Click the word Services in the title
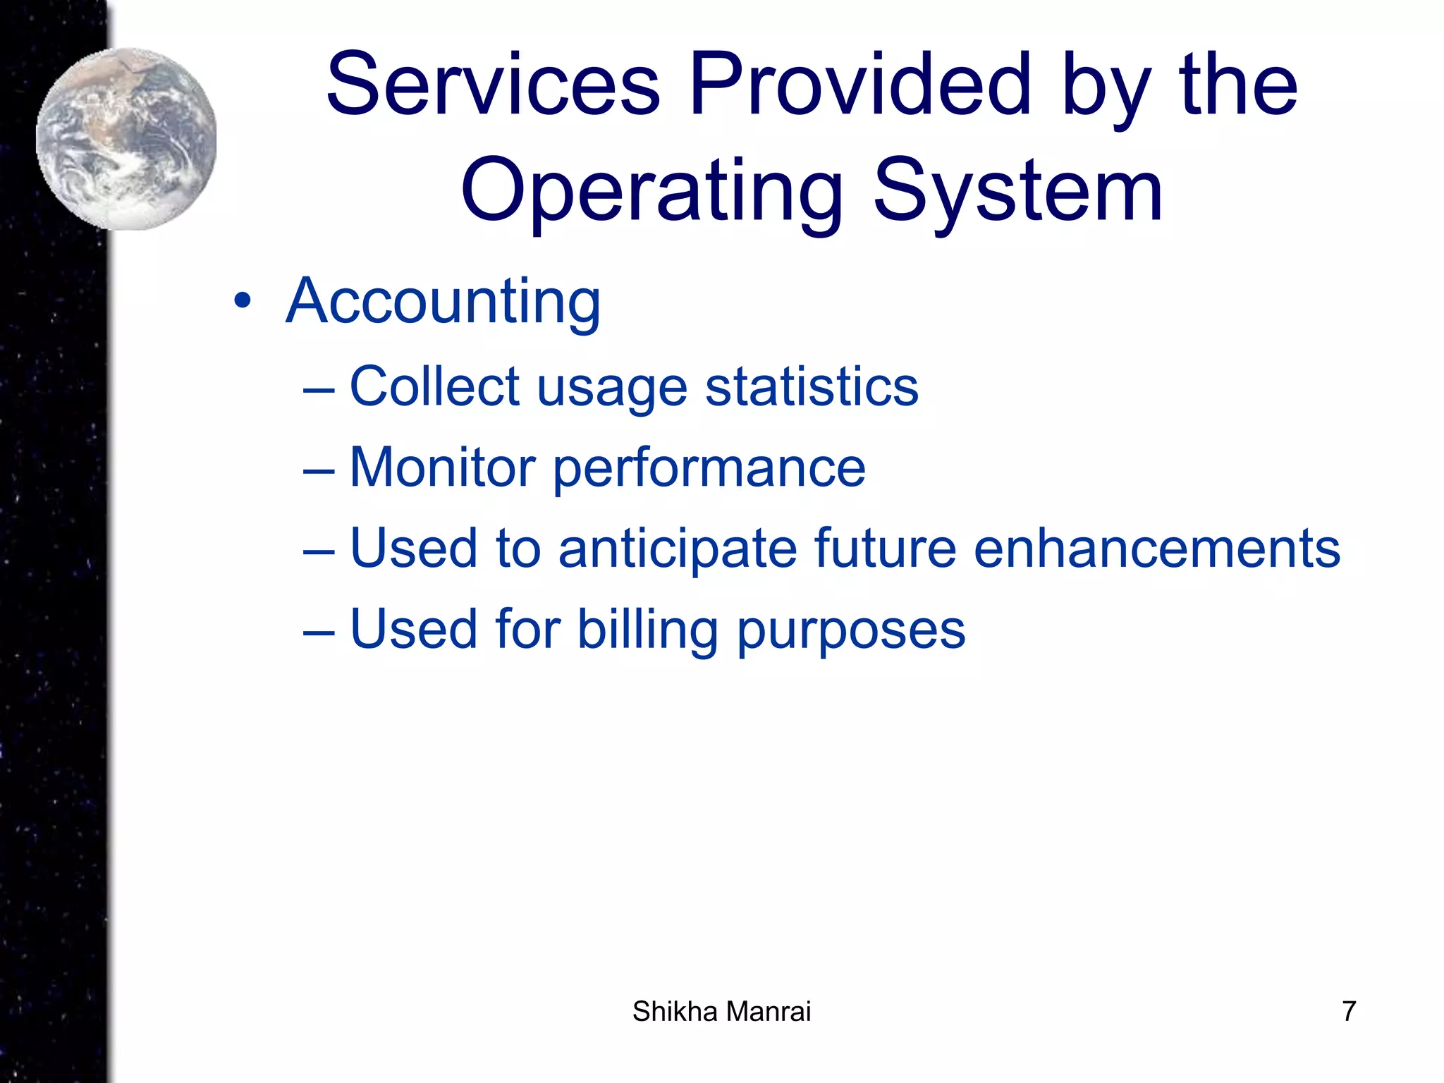pyautogui.click(x=493, y=85)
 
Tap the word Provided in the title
pyautogui.click(x=861, y=85)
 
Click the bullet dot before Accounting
pyautogui.click(x=243, y=302)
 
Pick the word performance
pyautogui.click(x=709, y=469)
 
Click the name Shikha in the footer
pyautogui.click(x=674, y=1011)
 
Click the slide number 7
pyautogui.click(x=1348, y=1011)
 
